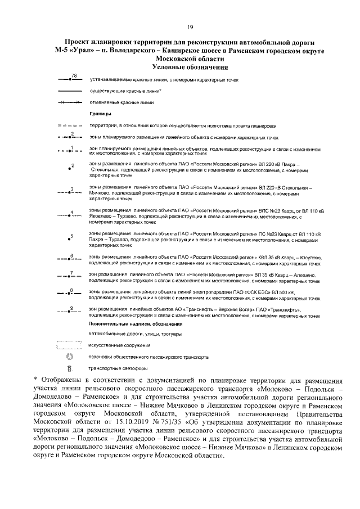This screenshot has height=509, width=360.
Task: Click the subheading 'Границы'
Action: point(99,114)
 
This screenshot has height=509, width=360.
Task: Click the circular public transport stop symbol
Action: point(70,357)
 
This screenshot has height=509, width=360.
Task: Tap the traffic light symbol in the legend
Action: point(70,369)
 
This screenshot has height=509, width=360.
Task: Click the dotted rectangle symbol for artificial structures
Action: point(70,344)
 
